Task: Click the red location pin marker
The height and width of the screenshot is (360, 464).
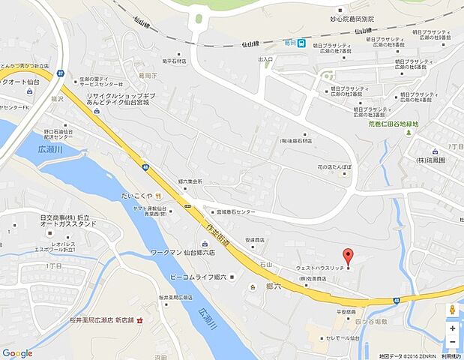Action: (x=347, y=256)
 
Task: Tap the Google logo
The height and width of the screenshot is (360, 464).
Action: (x=17, y=353)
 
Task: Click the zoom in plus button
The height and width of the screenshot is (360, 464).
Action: (x=453, y=328)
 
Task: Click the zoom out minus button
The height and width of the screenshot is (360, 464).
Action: (x=453, y=343)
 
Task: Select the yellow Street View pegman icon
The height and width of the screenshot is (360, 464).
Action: (x=453, y=310)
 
